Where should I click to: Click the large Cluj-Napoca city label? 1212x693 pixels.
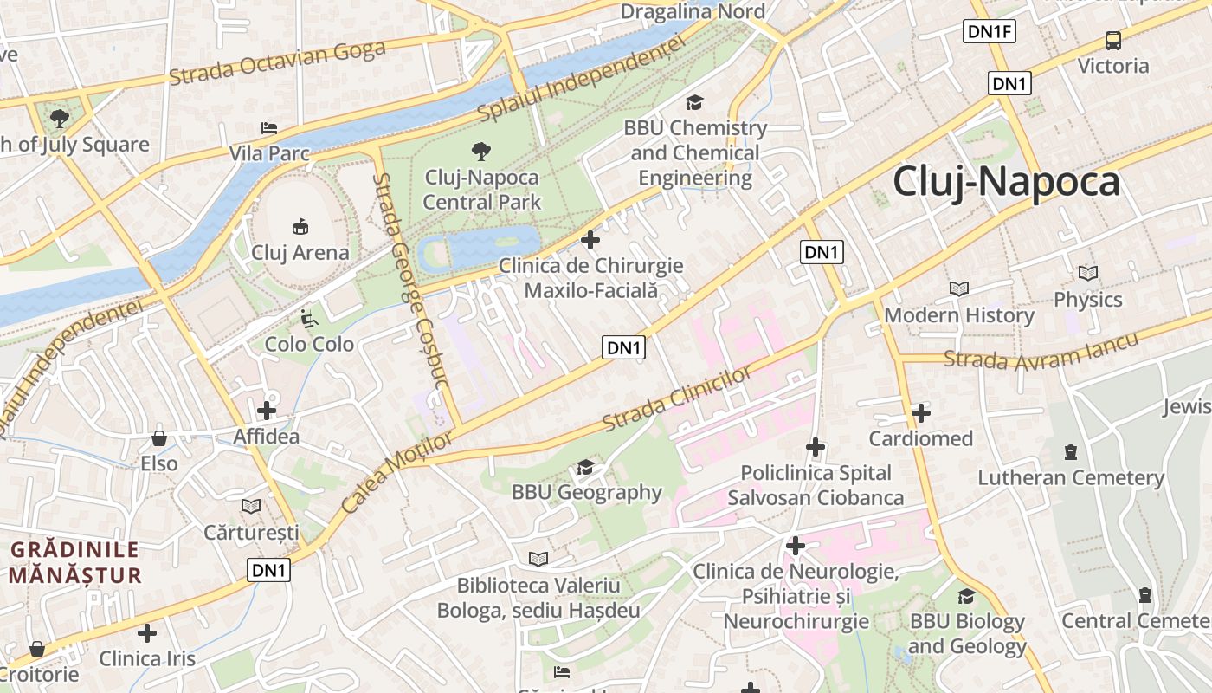point(1006,182)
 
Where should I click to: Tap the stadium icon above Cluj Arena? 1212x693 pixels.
point(300,227)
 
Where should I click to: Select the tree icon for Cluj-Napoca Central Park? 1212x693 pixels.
point(481,152)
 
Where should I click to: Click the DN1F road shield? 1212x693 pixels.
point(989,32)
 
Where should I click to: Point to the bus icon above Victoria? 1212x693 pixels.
point(1113,40)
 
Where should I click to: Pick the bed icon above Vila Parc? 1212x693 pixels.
point(269,128)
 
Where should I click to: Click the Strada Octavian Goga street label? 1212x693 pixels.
point(277,62)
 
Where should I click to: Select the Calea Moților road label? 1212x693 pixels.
point(397,471)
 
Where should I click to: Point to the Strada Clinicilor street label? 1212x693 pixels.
point(678,398)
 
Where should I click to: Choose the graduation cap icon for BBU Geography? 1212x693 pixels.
point(586,468)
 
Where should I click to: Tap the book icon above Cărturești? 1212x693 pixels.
point(251,506)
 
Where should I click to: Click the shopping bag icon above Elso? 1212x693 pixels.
point(159,438)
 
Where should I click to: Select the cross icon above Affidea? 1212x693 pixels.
point(267,410)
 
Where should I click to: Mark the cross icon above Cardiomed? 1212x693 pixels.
point(921,413)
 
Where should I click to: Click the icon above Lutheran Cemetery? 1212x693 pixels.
point(1071,452)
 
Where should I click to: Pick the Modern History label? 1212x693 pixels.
point(959,315)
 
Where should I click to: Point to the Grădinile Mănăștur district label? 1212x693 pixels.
point(74,562)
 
